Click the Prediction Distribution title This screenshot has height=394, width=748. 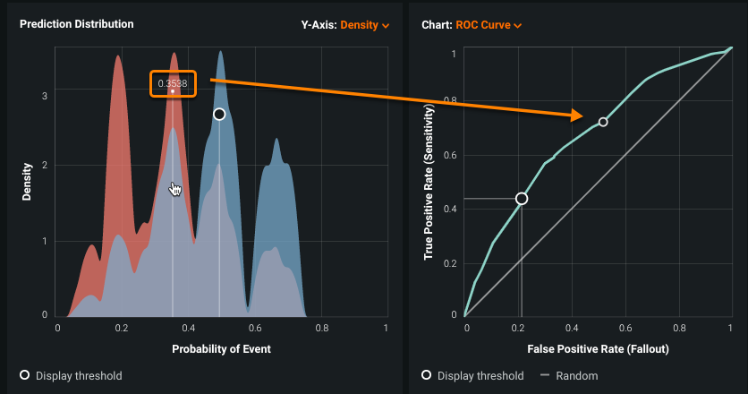pos(77,24)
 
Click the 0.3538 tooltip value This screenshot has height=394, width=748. pos(173,83)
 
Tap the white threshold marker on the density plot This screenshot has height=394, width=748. pos(219,115)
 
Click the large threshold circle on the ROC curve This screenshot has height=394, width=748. pos(522,199)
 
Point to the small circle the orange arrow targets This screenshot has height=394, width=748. pos(603,122)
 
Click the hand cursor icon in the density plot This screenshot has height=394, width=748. pos(175,189)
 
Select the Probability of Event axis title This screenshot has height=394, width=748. pos(222,348)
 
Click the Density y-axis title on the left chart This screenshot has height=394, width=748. pos(29,181)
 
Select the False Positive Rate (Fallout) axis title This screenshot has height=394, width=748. pos(598,348)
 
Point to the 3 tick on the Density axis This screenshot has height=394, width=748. pos(45,91)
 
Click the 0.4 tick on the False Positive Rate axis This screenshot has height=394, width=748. pos(571,329)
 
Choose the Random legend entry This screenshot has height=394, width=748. pos(576,375)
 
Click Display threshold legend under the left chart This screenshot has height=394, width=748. pos(79,375)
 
